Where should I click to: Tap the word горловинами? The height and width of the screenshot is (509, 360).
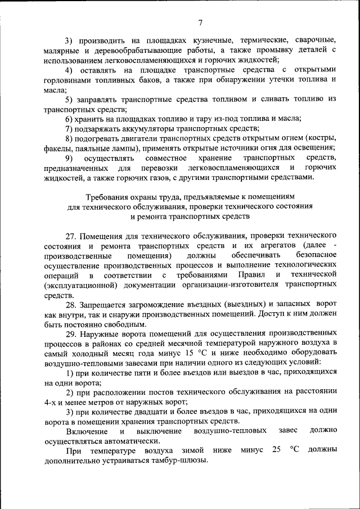(x=66, y=80)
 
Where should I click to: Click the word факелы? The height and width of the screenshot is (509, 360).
(x=57, y=148)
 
